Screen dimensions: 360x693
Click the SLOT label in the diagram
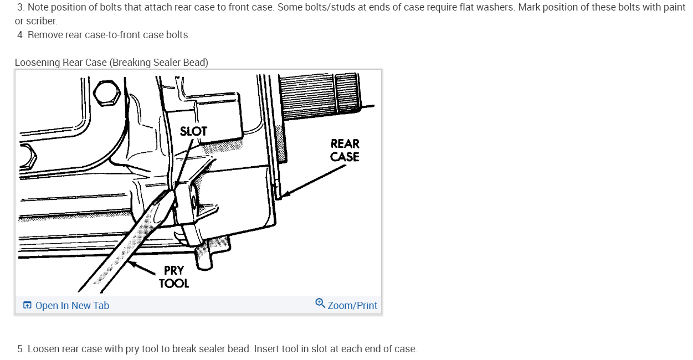pos(193,131)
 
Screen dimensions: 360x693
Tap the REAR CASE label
pos(345,150)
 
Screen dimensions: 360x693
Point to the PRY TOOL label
pos(173,277)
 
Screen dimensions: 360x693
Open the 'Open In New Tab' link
pos(72,306)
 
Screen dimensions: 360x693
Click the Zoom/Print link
pos(352,306)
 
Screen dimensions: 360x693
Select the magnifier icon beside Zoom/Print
pos(320,304)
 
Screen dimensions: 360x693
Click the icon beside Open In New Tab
pos(27,306)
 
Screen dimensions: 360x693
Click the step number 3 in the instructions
pos(20,7)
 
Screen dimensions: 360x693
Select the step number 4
pos(20,35)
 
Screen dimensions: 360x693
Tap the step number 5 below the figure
pos(20,349)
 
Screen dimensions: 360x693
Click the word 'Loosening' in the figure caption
pos(37,63)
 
